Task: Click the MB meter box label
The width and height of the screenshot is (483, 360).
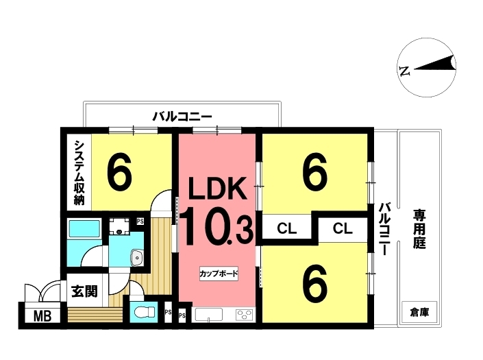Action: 42,316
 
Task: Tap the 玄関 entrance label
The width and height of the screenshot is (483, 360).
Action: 84,291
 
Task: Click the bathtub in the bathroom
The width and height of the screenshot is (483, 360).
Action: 85,228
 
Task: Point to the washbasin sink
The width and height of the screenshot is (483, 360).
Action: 136,257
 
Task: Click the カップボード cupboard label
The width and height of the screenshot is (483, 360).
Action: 219,274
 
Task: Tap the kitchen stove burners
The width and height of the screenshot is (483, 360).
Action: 245,315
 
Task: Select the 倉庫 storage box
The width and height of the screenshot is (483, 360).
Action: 419,313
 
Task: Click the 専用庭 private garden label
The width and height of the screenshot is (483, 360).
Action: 419,229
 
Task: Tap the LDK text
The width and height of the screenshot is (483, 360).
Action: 217,188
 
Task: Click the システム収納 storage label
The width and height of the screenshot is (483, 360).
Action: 79,173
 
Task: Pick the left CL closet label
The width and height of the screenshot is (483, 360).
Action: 286,229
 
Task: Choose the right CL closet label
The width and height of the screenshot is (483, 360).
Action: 343,229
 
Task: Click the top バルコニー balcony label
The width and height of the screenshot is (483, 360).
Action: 182,117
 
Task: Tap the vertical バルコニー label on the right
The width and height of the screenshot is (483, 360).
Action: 385,229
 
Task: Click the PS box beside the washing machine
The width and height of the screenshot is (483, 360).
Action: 140,221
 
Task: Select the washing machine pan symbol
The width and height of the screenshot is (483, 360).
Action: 119,226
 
